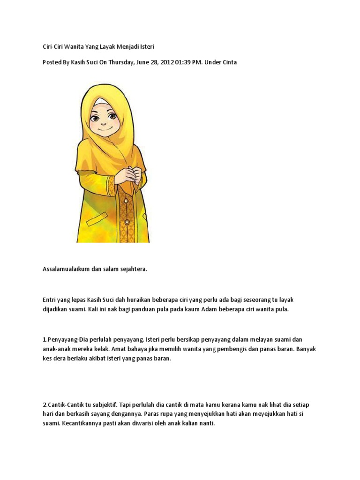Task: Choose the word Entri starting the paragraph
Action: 49,300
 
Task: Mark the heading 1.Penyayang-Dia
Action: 67,339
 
